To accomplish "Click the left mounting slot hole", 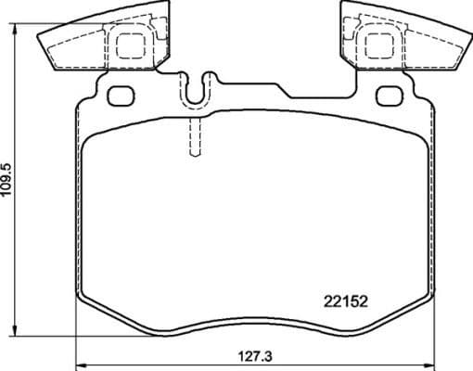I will [x=120, y=95].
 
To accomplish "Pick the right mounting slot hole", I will [x=389, y=95].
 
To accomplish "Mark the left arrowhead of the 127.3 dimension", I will [x=78, y=364].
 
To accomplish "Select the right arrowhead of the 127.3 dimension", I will [x=429, y=364].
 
